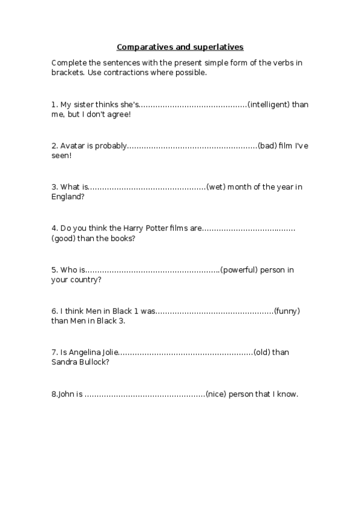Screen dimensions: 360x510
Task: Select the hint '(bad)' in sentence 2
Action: pos(267,146)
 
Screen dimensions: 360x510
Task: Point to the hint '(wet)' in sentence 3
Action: pos(216,187)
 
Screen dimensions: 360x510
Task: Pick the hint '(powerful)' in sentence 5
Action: pos(242,270)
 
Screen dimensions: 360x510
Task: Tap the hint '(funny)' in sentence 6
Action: pos(287,312)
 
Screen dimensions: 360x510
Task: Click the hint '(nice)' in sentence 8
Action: pos(216,395)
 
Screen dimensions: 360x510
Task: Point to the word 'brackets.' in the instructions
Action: pos(68,72)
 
